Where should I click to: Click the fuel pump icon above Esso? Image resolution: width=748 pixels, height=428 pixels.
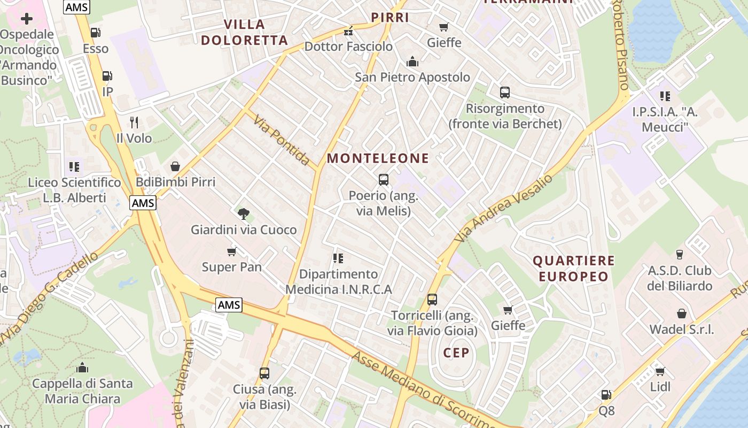(96, 33)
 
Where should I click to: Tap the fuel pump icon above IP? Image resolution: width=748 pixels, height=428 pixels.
(107, 76)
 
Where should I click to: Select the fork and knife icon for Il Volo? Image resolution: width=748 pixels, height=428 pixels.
(134, 123)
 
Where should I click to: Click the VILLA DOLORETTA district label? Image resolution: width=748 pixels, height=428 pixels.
(245, 32)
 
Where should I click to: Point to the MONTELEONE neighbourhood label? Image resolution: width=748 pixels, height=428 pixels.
(378, 158)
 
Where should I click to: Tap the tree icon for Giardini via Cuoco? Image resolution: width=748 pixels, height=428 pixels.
(244, 214)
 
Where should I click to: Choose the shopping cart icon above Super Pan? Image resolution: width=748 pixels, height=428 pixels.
(232, 251)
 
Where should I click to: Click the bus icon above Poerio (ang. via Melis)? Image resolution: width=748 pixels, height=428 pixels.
(383, 180)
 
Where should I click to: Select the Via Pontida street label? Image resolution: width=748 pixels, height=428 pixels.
(282, 140)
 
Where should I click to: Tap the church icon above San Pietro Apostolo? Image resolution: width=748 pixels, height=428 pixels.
(412, 62)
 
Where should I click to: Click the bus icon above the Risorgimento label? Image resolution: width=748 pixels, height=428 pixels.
(505, 93)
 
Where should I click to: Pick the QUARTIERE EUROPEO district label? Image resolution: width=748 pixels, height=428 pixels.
(574, 269)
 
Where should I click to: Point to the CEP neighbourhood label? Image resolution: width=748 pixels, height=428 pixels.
(456, 353)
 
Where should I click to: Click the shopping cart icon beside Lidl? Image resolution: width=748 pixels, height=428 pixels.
(660, 371)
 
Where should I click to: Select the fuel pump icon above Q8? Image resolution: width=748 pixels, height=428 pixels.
(606, 395)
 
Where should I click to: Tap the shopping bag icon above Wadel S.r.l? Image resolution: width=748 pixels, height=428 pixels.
(681, 314)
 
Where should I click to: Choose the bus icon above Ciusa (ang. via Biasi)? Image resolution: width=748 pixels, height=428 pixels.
(264, 373)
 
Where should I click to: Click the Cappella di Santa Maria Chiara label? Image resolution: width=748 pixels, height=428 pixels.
(82, 391)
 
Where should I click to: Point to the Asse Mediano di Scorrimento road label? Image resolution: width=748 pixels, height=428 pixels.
(425, 391)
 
